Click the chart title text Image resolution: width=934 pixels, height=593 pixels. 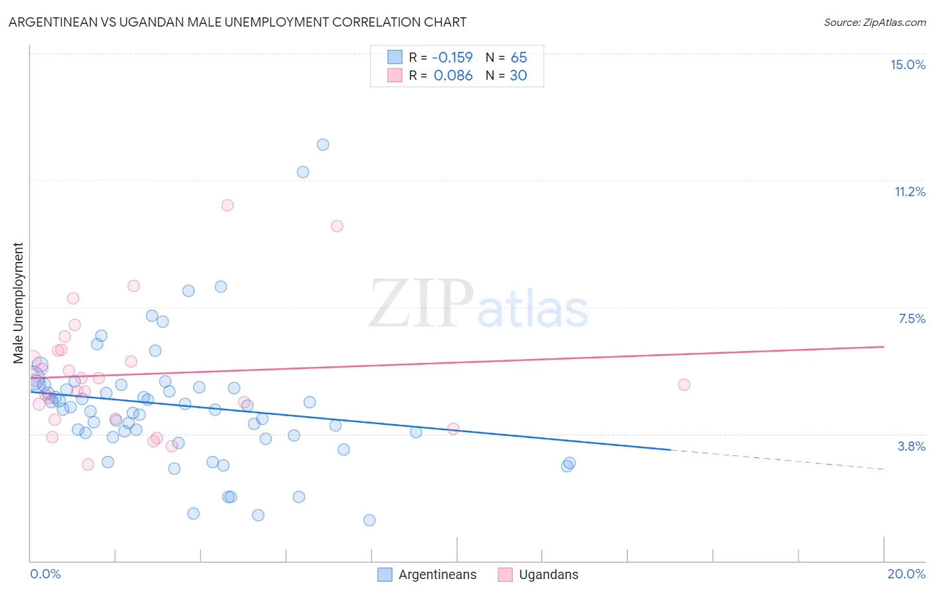pyautogui.click(x=237, y=22)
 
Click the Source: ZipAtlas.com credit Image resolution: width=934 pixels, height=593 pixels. pyautogui.click(x=874, y=22)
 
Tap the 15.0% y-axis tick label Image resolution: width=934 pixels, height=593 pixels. pyautogui.click(x=907, y=64)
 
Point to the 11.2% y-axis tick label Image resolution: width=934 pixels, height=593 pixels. pyautogui.click(x=909, y=191)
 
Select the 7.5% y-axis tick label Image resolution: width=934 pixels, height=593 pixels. pyautogui.click(x=911, y=318)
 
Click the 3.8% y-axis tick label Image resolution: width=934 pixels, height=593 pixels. pyautogui.click(x=911, y=446)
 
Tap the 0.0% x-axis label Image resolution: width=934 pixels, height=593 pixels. pyautogui.click(x=45, y=574)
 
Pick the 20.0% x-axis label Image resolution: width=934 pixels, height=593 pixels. pyautogui.click(x=906, y=574)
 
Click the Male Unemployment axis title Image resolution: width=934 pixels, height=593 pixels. pyautogui.click(x=18, y=303)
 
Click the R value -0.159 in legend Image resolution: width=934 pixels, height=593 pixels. pyautogui.click(x=452, y=57)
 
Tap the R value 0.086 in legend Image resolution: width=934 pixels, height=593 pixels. pyautogui.click(x=453, y=75)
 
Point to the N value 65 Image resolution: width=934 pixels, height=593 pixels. pyautogui.click(x=519, y=57)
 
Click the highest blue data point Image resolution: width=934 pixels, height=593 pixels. pyautogui.click(x=323, y=144)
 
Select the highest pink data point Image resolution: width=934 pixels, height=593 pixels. pyautogui.click(x=227, y=205)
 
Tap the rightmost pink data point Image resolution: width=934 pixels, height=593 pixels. pyautogui.click(x=684, y=384)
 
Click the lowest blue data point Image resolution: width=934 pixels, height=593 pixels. pyautogui.click(x=369, y=520)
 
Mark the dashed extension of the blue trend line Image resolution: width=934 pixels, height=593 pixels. pyautogui.click(x=777, y=459)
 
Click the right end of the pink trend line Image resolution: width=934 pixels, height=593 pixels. pyautogui.click(x=884, y=346)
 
